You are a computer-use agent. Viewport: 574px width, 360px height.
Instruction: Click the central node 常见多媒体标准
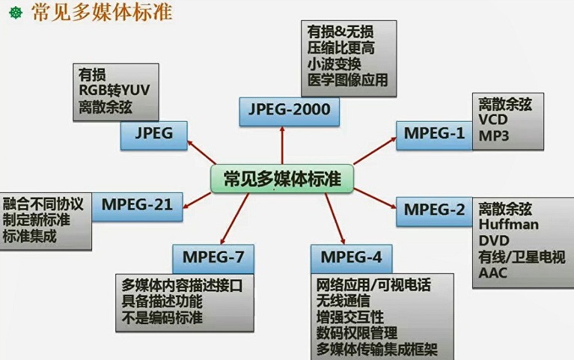coord(281,179)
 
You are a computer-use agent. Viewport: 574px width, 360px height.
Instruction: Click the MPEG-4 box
coord(351,258)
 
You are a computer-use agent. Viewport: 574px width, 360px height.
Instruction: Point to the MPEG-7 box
coord(213,258)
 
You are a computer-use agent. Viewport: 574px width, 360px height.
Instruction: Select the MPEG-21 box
coord(137,204)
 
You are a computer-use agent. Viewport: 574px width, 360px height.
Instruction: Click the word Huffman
coord(506,224)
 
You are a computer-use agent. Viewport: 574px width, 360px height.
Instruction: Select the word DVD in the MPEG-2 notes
coord(494,240)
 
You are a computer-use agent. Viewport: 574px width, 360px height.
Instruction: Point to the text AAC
coord(493,273)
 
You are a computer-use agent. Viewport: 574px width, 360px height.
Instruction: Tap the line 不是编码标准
coord(161,317)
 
